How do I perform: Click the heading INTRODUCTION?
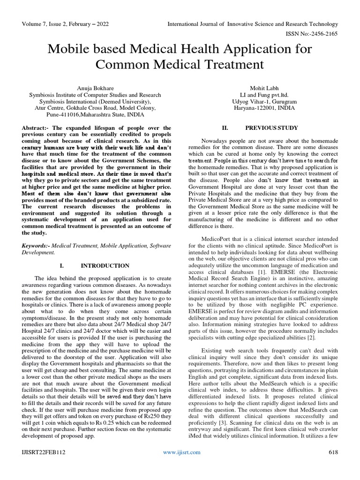point(105,266)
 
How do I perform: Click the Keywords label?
point(36,246)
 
